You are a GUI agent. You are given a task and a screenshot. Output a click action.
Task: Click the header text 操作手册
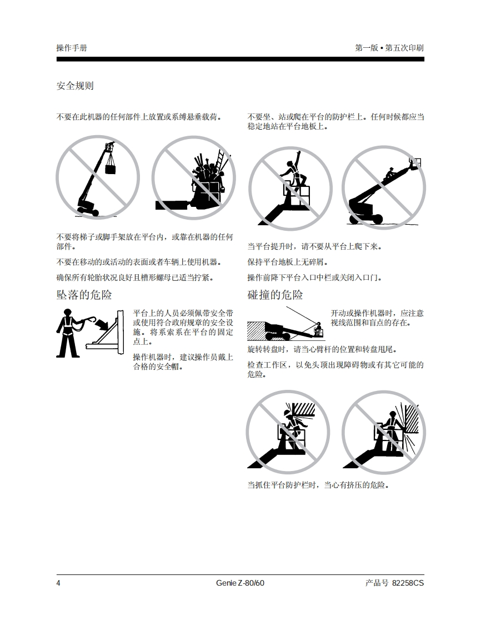[72, 48]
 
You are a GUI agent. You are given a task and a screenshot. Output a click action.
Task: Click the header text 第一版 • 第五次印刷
[389, 48]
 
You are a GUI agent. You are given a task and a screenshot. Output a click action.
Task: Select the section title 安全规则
[75, 86]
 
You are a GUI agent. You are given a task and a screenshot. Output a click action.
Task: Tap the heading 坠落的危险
[84, 295]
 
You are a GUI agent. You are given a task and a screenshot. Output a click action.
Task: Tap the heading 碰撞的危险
[275, 295]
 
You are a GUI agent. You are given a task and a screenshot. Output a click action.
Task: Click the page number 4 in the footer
[58, 583]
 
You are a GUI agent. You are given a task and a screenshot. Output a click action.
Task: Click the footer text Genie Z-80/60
[240, 583]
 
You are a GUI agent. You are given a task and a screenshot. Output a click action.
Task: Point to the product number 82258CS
[408, 583]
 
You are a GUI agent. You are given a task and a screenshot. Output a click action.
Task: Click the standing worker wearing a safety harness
[67, 333]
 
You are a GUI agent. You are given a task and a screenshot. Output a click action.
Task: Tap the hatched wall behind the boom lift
[256, 331]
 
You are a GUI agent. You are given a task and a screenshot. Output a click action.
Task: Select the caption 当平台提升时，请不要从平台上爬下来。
[314, 246]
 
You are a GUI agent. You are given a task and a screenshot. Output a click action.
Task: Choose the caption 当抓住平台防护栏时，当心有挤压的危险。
[318, 485]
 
